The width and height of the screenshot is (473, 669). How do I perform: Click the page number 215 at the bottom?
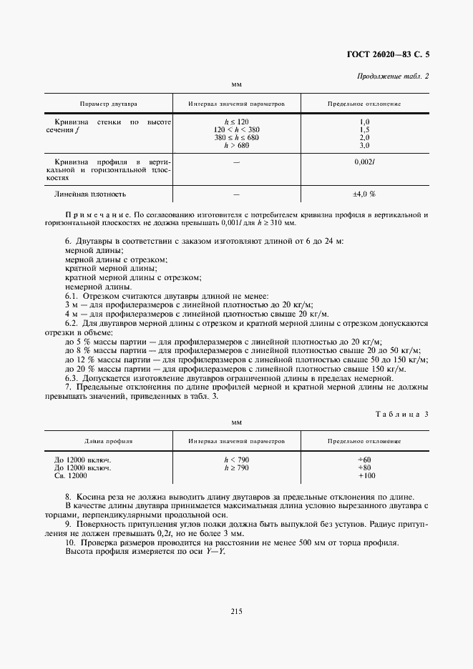tap(237, 611)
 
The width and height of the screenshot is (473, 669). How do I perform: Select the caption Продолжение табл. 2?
tap(391, 76)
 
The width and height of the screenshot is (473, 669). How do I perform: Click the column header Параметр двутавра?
tap(109, 104)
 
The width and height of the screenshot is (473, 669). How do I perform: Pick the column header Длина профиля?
tap(109, 442)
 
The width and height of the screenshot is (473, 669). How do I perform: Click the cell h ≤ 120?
tap(236, 122)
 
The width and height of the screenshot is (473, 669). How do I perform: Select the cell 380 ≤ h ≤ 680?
tap(236, 137)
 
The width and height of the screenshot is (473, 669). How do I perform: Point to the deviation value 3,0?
tap(364, 145)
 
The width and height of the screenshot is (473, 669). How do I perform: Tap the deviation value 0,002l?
tap(365, 162)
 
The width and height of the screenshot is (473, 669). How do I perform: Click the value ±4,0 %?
tap(364, 194)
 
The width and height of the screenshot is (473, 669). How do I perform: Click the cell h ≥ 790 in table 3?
tap(236, 467)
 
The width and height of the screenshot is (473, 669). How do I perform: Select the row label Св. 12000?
tap(70, 475)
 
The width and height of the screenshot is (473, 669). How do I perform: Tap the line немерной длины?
tap(94, 287)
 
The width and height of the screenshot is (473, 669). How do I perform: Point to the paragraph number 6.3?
tap(72, 377)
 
